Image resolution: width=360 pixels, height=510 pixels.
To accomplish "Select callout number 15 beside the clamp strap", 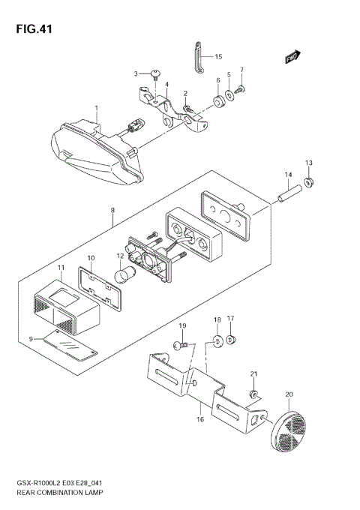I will tap(218, 56).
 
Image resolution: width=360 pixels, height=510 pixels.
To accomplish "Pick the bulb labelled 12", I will tap(123, 277).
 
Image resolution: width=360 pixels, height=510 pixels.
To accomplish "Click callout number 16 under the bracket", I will tap(200, 419).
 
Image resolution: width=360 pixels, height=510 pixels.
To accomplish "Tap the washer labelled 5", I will tap(228, 96).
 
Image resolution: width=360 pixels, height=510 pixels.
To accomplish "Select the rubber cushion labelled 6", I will tap(217, 100).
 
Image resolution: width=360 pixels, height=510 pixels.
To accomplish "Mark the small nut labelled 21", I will tap(255, 394).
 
